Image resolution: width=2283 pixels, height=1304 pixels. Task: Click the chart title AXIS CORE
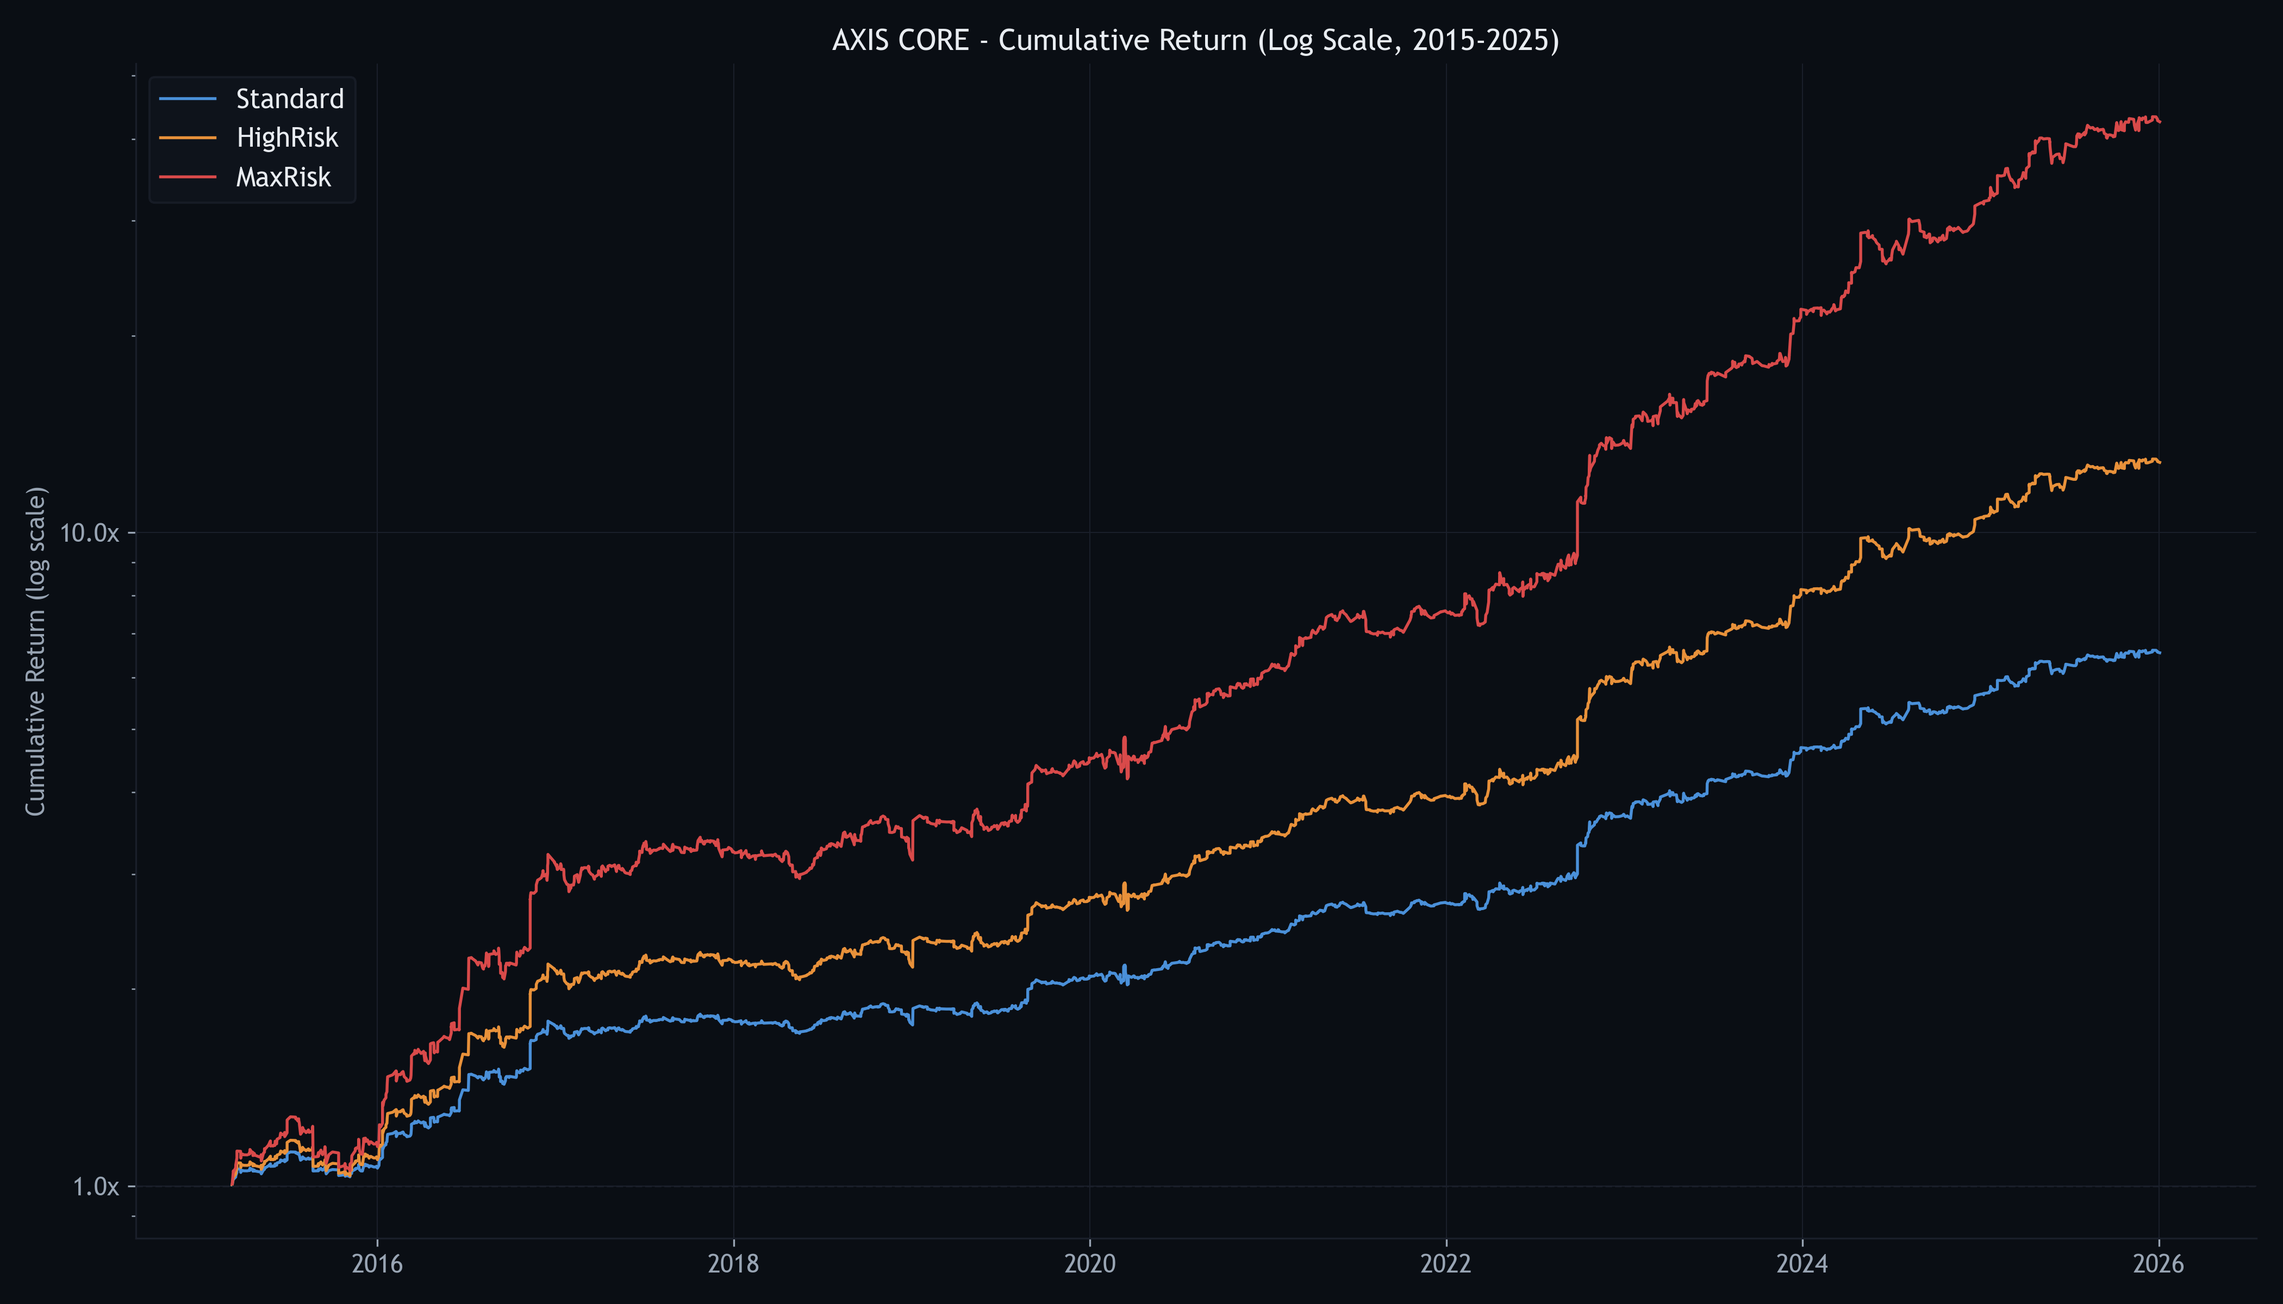pyautogui.click(x=1195, y=40)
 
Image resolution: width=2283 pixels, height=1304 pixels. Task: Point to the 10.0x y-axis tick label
pyautogui.click(x=89, y=533)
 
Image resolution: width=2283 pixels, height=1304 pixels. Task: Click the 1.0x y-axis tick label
pyautogui.click(x=95, y=1187)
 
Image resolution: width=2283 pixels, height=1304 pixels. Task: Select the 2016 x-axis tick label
pyautogui.click(x=377, y=1264)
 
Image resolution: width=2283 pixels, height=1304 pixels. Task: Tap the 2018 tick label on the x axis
pyautogui.click(x=733, y=1264)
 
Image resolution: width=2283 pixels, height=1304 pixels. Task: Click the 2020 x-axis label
pyautogui.click(x=1089, y=1264)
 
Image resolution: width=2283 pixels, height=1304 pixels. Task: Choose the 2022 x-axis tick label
pyautogui.click(x=1445, y=1264)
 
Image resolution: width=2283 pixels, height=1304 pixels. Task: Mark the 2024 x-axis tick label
pyautogui.click(x=1802, y=1264)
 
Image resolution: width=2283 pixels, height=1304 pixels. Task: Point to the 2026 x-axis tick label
pyautogui.click(x=2159, y=1264)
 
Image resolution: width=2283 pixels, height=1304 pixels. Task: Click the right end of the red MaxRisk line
pyautogui.click(x=2160, y=122)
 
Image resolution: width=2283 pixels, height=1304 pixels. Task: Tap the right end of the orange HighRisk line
pyautogui.click(x=2160, y=462)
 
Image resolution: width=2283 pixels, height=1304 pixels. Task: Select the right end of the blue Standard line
pyautogui.click(x=2160, y=652)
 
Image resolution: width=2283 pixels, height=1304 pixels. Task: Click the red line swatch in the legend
pyautogui.click(x=188, y=177)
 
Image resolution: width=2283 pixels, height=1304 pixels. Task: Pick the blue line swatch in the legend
pyautogui.click(x=188, y=98)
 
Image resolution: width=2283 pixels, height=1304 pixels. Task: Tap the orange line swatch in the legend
pyautogui.click(x=188, y=138)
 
